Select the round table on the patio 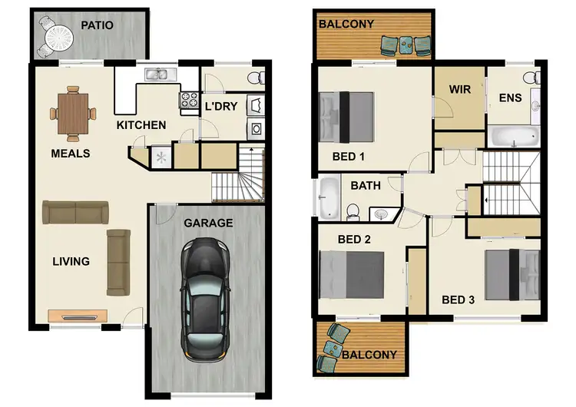pos(55,35)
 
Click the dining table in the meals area pos(73,114)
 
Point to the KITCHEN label pos(141,125)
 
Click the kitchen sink pos(157,74)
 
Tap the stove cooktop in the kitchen pos(187,99)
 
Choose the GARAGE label pos(207,223)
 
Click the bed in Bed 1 pos(346,116)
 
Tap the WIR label pos(458,88)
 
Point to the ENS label pos(510,98)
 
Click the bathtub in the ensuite pos(515,138)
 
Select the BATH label pos(365,185)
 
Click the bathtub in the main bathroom pos(327,197)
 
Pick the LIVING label pos(70,261)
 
